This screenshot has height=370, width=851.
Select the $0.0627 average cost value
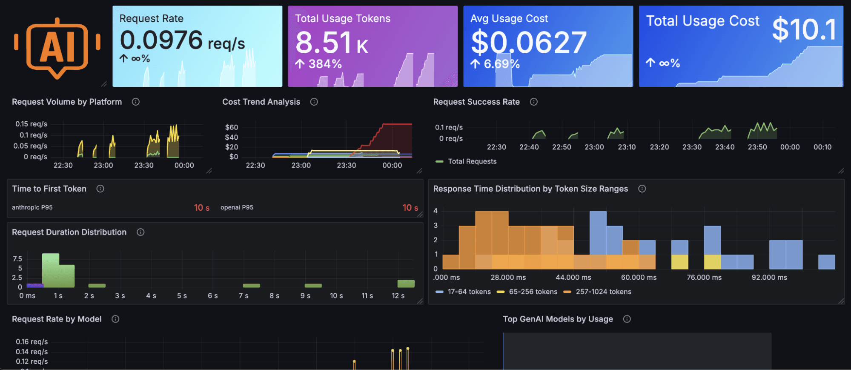pyautogui.click(x=528, y=43)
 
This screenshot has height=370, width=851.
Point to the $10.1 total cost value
pyautogui.click(x=804, y=29)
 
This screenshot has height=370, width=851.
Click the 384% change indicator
pyautogui.click(x=319, y=64)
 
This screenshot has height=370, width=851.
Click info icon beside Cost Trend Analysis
pyautogui.click(x=314, y=102)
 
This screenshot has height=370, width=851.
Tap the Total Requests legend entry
pyautogui.click(x=472, y=161)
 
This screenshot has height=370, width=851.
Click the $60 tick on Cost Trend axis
pyautogui.click(x=232, y=127)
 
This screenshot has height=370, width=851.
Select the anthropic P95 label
pyautogui.click(x=32, y=207)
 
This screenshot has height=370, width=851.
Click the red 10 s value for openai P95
pyautogui.click(x=410, y=208)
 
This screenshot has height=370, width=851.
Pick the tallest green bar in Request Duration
pyautogui.click(x=51, y=270)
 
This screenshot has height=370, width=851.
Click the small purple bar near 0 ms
pyautogui.click(x=35, y=285)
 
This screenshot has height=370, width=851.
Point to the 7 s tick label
pyautogui.click(x=244, y=295)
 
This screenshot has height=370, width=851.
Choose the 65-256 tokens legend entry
pyautogui.click(x=533, y=292)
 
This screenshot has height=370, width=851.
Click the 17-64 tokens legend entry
pyautogui.click(x=469, y=292)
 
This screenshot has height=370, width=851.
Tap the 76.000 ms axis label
pyautogui.click(x=704, y=277)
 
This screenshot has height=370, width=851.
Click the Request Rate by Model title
pyautogui.click(x=57, y=319)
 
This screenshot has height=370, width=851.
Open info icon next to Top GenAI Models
pyautogui.click(x=627, y=319)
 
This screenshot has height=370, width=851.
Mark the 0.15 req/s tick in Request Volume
pyautogui.click(x=31, y=124)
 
